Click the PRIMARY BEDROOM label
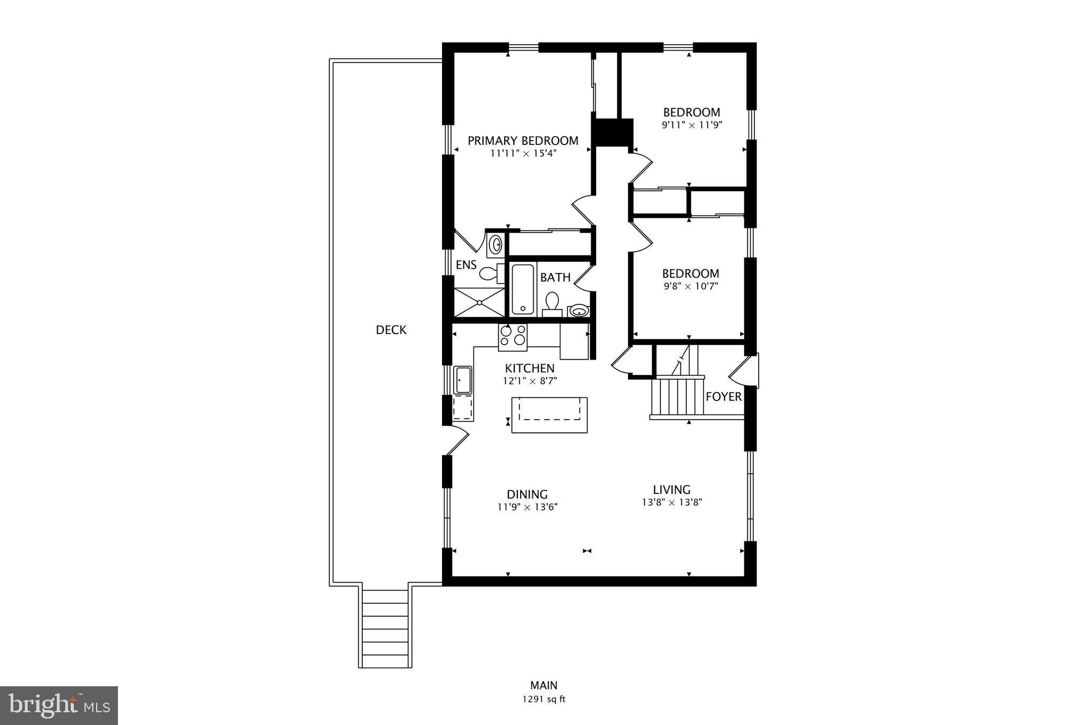(523, 141)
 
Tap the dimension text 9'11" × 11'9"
(692, 125)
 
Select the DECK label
(391, 330)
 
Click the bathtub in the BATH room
(523, 289)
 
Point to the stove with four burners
(513, 337)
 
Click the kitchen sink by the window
(463, 380)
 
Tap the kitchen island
(549, 415)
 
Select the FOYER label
(724, 397)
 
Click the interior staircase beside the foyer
(677, 396)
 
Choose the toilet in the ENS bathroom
(489, 274)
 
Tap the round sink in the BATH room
(579, 310)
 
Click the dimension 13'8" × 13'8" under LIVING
(672, 502)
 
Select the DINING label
(527, 494)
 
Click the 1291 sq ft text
(543, 700)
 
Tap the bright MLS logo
(59, 705)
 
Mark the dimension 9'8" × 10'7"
(691, 287)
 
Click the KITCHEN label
(530, 368)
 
